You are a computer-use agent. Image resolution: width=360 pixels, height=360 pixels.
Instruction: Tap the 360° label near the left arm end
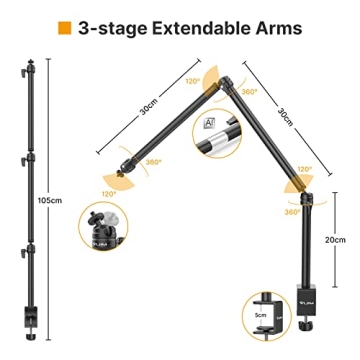[153, 161]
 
